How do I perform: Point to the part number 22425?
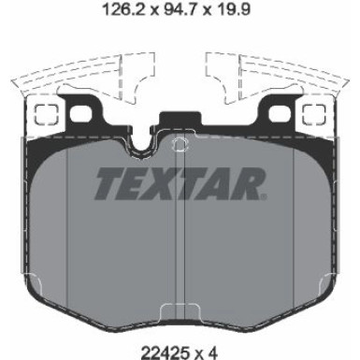165,353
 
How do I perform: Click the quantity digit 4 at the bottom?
212,353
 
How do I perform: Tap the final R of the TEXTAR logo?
250,183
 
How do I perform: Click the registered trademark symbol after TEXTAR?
265,196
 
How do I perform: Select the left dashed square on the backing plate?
46,114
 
